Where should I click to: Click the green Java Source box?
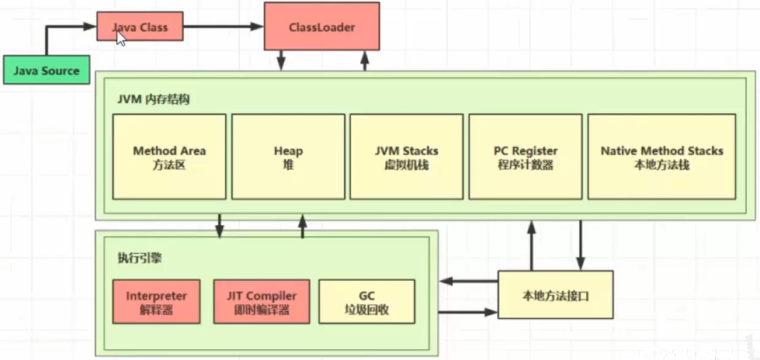(x=46, y=71)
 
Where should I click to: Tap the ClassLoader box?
(x=321, y=27)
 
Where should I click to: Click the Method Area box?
(x=169, y=156)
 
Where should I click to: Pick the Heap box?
(x=288, y=156)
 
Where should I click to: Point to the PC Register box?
(x=525, y=156)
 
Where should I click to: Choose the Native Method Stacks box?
(x=661, y=156)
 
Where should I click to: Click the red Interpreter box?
(x=156, y=301)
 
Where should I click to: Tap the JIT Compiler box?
(x=262, y=301)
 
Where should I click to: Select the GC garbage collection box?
(x=367, y=301)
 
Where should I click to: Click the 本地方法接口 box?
(x=554, y=295)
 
